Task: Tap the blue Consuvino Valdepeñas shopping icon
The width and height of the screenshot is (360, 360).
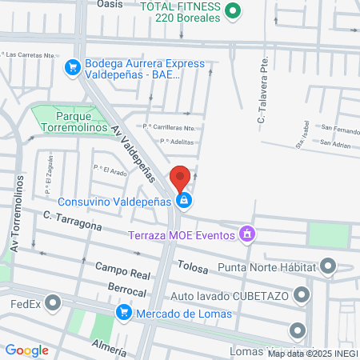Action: [184, 200]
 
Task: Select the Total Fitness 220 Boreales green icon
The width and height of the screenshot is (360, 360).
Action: [233, 10]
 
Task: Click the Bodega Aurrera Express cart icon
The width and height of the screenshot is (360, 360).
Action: [73, 67]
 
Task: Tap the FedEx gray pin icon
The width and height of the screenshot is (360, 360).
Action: [54, 303]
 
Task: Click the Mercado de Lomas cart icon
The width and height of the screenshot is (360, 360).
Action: [123, 312]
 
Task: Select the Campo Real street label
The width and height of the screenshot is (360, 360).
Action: [122, 270]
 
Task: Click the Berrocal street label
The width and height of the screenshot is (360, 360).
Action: [127, 291]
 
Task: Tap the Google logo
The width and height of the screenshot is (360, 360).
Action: [26, 350]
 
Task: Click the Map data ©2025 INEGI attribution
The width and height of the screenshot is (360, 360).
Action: [313, 353]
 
